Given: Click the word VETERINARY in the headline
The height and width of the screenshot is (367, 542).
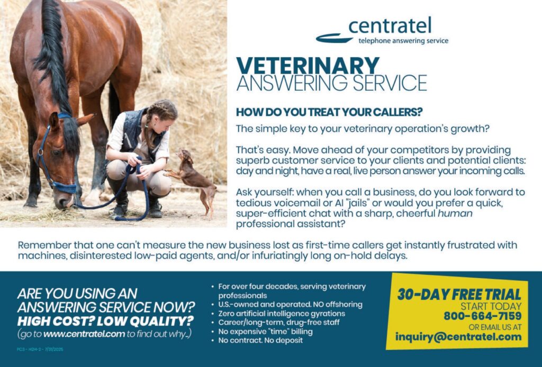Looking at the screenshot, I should (308, 66).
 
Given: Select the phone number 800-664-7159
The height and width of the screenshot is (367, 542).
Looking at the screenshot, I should (482, 316).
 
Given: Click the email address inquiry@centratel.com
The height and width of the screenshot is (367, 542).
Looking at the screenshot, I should (458, 337).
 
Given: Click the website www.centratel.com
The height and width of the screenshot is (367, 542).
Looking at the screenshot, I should (84, 334).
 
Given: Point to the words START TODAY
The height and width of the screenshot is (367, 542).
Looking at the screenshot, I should (491, 306).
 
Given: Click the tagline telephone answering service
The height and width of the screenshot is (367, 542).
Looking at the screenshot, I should (403, 41).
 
